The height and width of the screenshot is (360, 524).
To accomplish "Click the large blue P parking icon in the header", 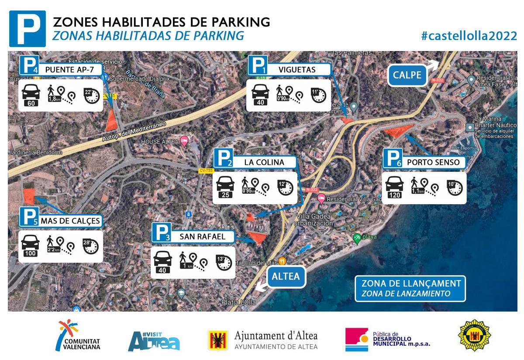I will (27, 29).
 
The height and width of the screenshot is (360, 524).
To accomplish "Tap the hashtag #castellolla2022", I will (469, 36).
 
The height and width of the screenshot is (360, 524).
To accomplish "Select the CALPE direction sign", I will (407, 75).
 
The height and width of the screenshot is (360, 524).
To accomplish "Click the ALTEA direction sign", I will (286, 276).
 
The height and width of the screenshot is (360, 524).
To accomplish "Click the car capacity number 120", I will (394, 195).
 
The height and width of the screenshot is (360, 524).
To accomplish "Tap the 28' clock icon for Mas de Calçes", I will (90, 246).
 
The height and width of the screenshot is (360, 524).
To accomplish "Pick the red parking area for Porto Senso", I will (396, 130).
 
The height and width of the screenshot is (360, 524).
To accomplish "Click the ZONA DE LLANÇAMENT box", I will (410, 288).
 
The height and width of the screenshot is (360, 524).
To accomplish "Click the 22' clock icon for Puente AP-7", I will (92, 95).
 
